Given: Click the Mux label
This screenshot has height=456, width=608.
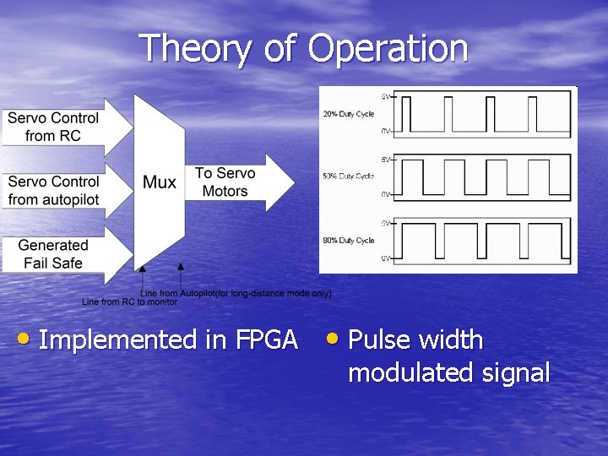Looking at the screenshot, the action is (x=159, y=182).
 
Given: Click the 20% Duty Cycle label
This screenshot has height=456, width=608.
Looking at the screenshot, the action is (x=348, y=114).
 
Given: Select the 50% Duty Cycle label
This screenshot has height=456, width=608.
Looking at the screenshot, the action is (x=348, y=176).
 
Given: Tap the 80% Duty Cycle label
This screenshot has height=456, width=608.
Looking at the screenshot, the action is (x=348, y=241).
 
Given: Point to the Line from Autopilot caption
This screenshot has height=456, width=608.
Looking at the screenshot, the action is (x=236, y=293).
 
